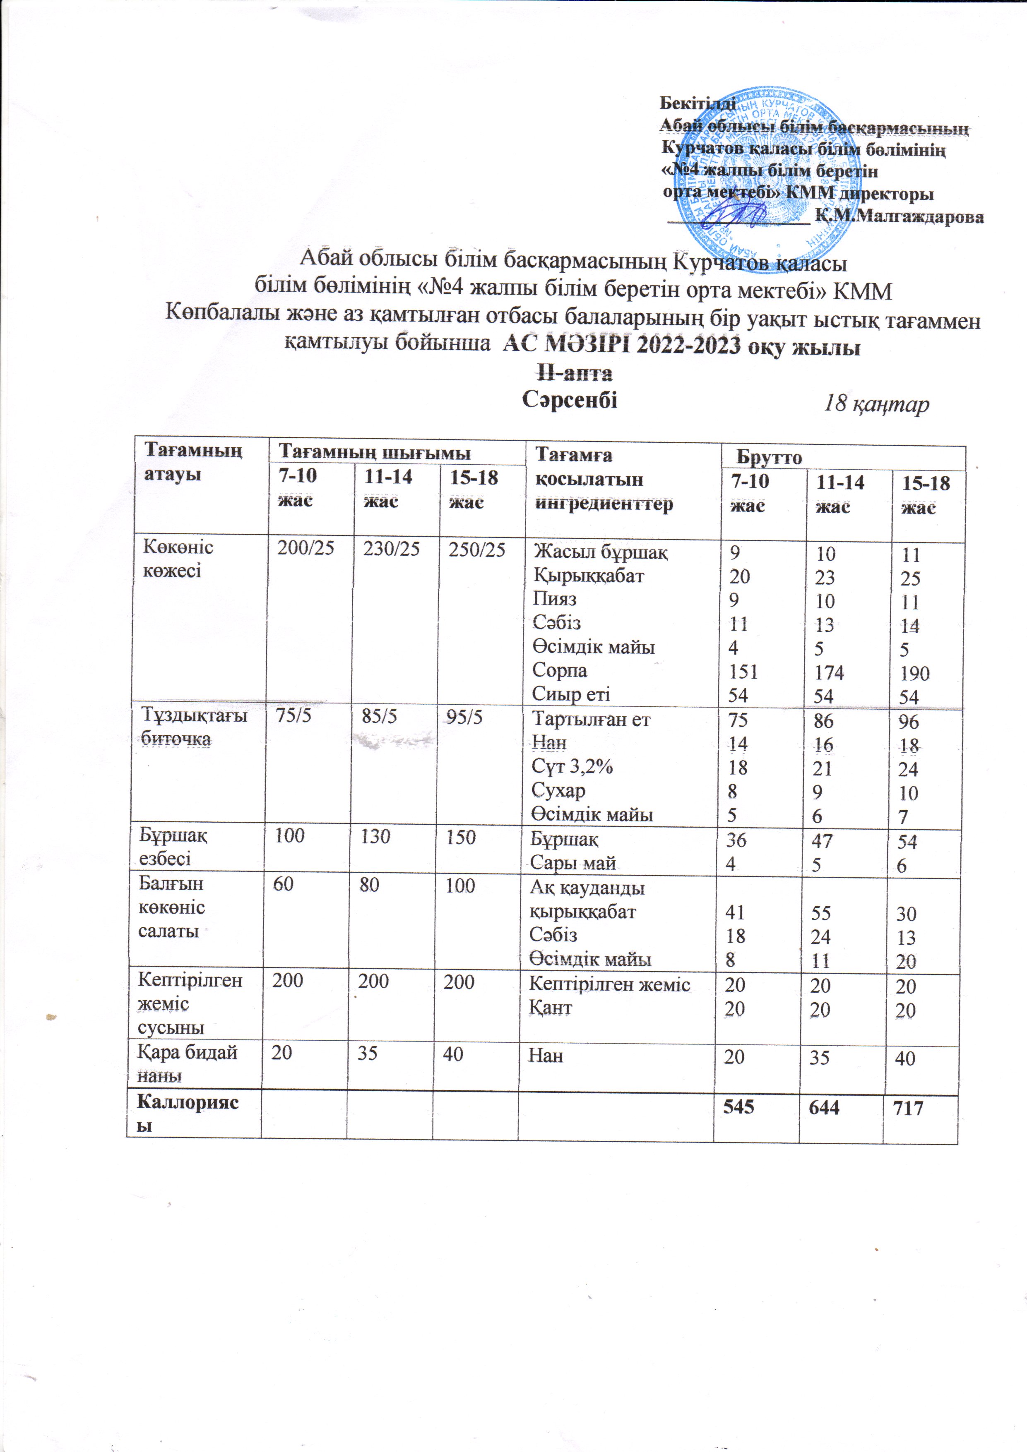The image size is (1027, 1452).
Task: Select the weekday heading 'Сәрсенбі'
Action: coord(570,400)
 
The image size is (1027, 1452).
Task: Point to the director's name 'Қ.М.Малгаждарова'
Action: coord(899,216)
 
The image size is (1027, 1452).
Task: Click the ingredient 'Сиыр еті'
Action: coord(571,694)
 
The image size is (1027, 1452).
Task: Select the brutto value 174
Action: coord(829,672)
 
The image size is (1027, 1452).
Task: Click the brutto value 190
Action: coord(914,674)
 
